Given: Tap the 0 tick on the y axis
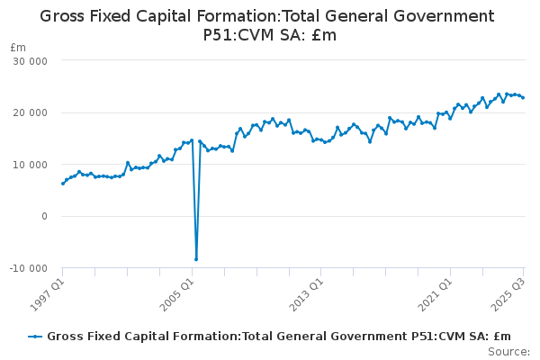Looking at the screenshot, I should (x=43, y=217).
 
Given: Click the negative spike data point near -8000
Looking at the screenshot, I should (x=196, y=259).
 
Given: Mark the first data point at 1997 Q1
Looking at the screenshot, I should (x=62, y=184).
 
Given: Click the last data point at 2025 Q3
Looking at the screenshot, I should (x=523, y=97).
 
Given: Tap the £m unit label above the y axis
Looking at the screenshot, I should (x=17, y=47).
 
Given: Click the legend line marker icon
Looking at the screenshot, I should (x=35, y=337).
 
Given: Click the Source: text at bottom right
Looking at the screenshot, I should (x=508, y=351).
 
